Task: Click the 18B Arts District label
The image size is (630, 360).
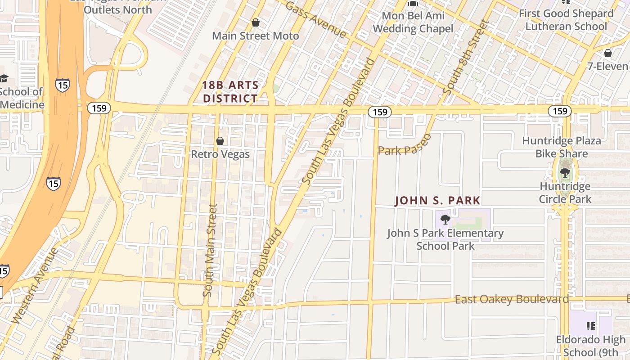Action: [230, 91]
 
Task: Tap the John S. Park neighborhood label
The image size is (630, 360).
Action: [437, 201]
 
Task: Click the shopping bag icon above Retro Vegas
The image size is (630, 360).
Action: [220, 141]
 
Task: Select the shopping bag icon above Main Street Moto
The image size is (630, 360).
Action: [256, 22]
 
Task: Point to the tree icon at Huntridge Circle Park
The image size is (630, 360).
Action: [564, 172]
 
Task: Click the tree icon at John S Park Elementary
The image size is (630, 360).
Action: [445, 220]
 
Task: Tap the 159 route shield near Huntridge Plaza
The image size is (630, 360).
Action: [559, 111]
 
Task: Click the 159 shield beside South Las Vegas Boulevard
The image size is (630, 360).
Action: [380, 112]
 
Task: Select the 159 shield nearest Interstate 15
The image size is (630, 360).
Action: [99, 108]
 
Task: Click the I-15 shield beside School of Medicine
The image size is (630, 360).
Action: [63, 85]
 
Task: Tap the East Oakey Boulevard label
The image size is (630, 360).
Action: [512, 299]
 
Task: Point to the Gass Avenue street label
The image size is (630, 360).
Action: [316, 20]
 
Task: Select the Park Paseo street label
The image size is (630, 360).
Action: [404, 145]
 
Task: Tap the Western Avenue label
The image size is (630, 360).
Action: [35, 285]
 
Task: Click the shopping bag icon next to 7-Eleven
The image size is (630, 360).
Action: [607, 53]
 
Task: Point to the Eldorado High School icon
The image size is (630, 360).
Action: [590, 325]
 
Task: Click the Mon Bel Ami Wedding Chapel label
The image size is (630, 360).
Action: [413, 22]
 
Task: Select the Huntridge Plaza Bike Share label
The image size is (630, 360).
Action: [561, 147]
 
